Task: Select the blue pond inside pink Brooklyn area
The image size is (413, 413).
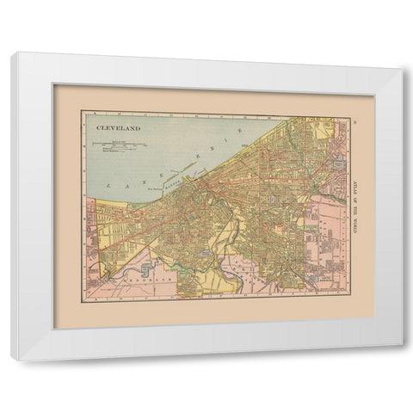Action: (147, 269)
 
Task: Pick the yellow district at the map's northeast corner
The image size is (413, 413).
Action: (325, 130)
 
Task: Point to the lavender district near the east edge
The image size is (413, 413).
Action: (337, 159)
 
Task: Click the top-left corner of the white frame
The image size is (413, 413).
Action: (13, 53)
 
